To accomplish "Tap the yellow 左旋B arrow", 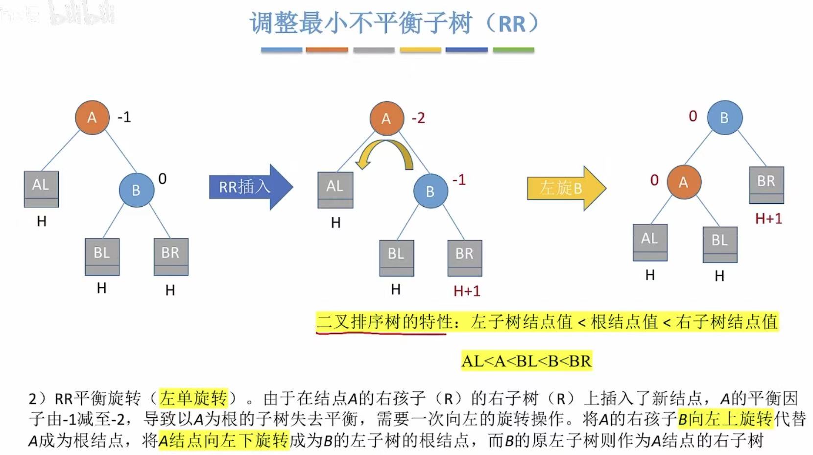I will pyautogui.click(x=565, y=188).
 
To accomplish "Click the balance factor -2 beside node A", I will pyautogui.click(x=418, y=118).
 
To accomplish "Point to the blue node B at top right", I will pyautogui.click(x=724, y=118).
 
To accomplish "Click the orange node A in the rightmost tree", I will pyautogui.click(x=684, y=182).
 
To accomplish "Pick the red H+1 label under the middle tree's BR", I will pyautogui.click(x=467, y=291).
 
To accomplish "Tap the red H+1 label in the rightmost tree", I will pyautogui.click(x=768, y=218).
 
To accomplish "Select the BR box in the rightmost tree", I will pyautogui.click(x=766, y=185).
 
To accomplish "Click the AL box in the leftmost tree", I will pyautogui.click(x=41, y=189).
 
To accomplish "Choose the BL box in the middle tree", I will pyautogui.click(x=396, y=257).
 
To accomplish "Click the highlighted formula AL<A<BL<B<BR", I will pyautogui.click(x=526, y=361).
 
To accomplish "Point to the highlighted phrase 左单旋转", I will pyautogui.click(x=193, y=398).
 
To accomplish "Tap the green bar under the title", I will pyautogui.click(x=513, y=50).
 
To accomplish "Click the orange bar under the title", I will pyautogui.click(x=327, y=50).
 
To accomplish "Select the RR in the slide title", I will pyautogui.click(x=512, y=24).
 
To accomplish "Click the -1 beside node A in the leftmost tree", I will pyautogui.click(x=124, y=117).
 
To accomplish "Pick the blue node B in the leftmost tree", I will pyautogui.click(x=136, y=190).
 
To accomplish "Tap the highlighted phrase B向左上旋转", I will pyautogui.click(x=724, y=419).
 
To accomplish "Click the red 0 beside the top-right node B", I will pyautogui.click(x=693, y=116).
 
